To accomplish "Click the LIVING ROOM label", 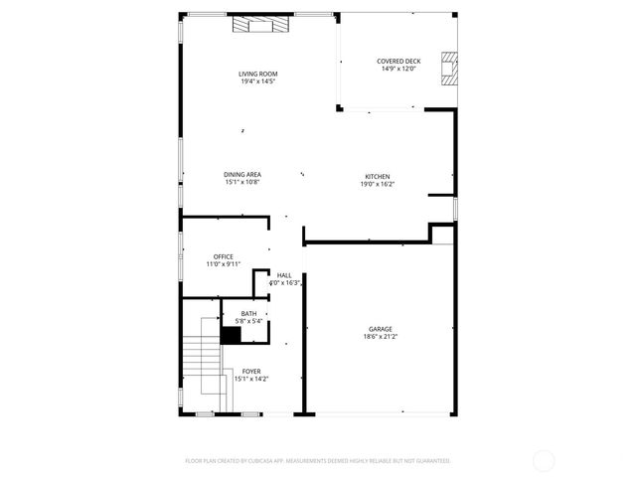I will (257, 75).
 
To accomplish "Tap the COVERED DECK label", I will (398, 62).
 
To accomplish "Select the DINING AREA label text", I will (242, 175).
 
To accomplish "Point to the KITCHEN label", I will (377, 176).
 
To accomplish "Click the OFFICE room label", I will (223, 256).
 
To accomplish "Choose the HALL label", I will (284, 275).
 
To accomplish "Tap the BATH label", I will (248, 313).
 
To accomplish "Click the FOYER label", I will (251, 371).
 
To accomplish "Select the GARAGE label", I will (381, 329).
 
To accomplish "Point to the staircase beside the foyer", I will (200, 363).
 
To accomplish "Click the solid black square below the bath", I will (230, 336).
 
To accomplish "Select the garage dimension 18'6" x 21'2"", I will (381, 337).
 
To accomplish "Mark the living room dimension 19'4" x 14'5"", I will (257, 81).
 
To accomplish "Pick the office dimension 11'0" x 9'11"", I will (223, 264).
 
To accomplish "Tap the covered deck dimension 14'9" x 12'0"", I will (398, 70).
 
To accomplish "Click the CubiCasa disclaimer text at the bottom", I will (318, 461).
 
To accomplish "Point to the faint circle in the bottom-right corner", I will (544, 460).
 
